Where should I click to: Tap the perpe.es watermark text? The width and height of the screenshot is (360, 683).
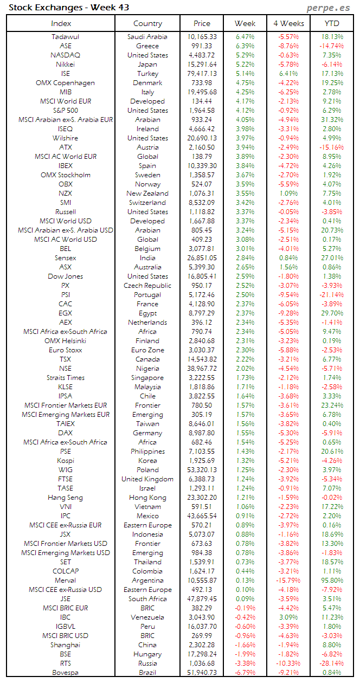pyautogui.click(x=329, y=7)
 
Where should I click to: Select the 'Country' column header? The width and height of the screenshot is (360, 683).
pyautogui.click(x=147, y=23)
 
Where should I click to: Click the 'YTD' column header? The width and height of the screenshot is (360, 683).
pyautogui.click(x=332, y=23)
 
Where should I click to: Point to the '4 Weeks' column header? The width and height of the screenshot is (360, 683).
pyautogui.click(x=288, y=23)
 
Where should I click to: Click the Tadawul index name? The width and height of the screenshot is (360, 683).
pyautogui.click(x=65, y=37)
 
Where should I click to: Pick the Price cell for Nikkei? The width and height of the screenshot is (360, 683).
pyautogui.click(x=201, y=65)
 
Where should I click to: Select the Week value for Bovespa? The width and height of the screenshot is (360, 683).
pyautogui.click(x=245, y=672)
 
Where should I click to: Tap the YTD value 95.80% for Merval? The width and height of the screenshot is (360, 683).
pyautogui.click(x=332, y=580)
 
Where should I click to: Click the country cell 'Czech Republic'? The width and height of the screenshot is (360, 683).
pyautogui.click(x=147, y=285)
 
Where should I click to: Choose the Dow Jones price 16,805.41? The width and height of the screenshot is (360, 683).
pyautogui.click(x=201, y=276)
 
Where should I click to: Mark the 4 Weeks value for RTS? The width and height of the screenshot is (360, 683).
pyautogui.click(x=288, y=663)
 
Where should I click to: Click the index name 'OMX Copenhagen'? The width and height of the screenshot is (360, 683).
pyautogui.click(x=65, y=83)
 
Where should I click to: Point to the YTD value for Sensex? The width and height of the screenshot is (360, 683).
pyautogui.click(x=332, y=257)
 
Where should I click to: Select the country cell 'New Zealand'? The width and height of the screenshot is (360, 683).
pyautogui.click(x=147, y=193)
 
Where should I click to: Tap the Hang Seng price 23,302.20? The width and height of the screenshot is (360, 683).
pyautogui.click(x=201, y=497)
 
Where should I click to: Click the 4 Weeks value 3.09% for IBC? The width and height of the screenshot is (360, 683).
pyautogui.click(x=288, y=617)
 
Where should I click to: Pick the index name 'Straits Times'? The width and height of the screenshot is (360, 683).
pyautogui.click(x=65, y=377)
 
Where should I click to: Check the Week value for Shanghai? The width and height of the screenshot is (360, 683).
pyautogui.click(x=245, y=645)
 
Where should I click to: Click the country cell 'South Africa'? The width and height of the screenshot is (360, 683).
pyautogui.click(x=147, y=598)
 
